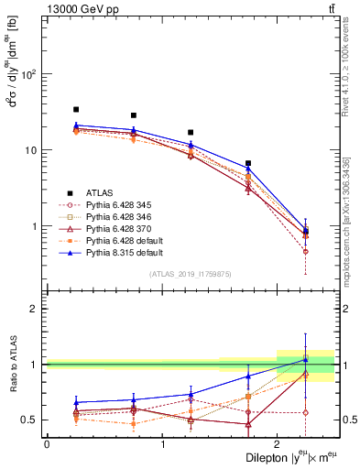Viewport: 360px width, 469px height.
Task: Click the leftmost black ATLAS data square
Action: [76, 109]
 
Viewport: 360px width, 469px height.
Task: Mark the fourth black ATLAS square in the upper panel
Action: [248, 163]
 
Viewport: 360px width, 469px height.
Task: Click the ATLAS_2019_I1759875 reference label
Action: [191, 273]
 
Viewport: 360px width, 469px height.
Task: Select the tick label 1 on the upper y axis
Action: [35, 226]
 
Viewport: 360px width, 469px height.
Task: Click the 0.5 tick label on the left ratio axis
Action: [30, 420]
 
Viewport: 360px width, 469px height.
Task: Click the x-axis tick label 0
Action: [47, 443]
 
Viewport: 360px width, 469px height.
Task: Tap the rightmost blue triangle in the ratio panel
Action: [306, 359]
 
